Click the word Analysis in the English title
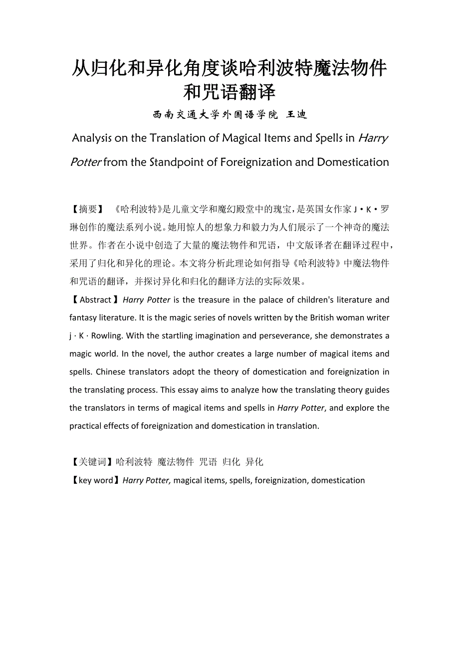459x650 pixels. [92, 138]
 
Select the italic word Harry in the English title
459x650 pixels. [373, 138]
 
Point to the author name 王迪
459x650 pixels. [296, 115]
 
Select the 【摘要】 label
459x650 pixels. [88, 209]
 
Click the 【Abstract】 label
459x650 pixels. [95, 300]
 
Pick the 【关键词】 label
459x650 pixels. [92, 462]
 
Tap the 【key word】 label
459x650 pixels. [95, 480]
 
